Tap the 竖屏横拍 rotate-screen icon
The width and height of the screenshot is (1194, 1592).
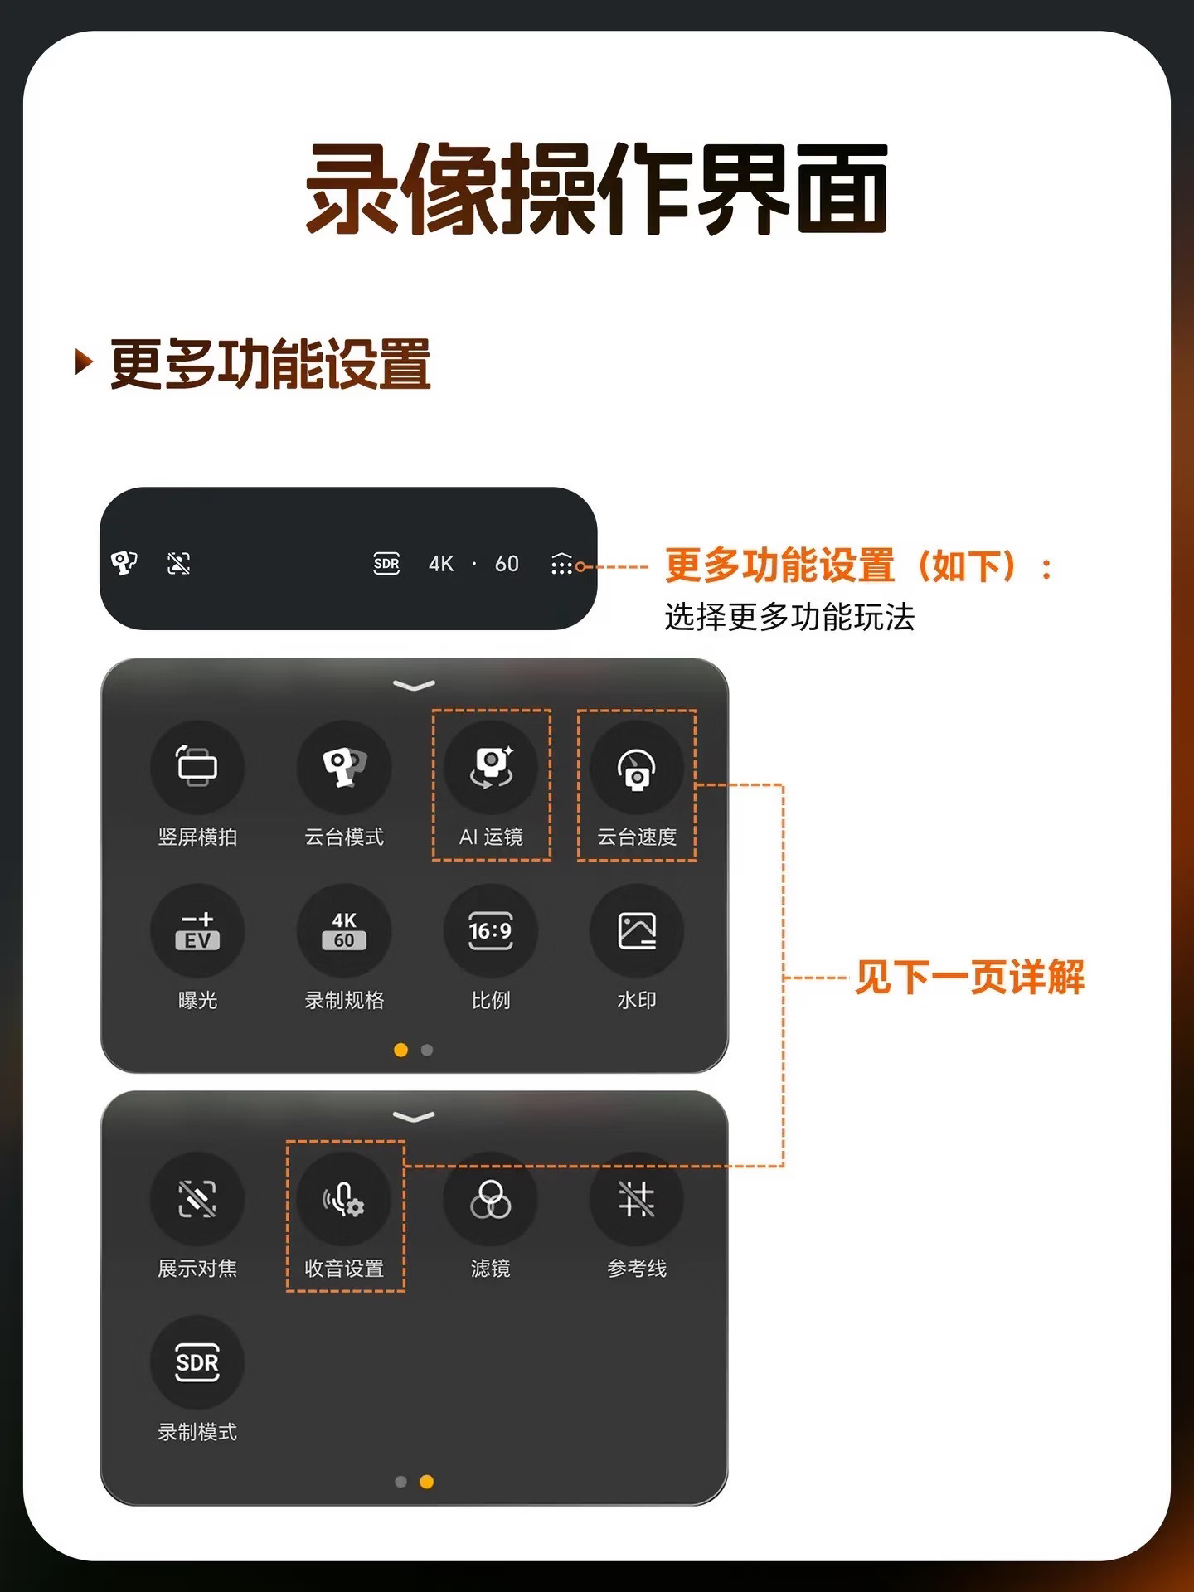click(x=197, y=767)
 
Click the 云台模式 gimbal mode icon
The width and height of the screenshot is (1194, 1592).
click(x=344, y=767)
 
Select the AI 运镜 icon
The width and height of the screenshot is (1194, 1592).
click(x=491, y=767)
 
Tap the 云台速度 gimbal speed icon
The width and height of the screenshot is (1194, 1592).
click(x=637, y=767)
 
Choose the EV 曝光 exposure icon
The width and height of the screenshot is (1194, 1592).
click(x=197, y=930)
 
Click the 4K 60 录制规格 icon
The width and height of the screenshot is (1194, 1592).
click(x=344, y=930)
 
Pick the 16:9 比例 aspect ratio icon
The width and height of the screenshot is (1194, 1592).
click(x=491, y=930)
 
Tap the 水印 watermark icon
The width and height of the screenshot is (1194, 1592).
click(x=637, y=930)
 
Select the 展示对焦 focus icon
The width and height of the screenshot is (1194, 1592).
click(x=197, y=1199)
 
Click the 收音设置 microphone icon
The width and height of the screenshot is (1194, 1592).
click(x=344, y=1199)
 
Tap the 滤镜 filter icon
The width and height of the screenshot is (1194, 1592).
click(x=491, y=1199)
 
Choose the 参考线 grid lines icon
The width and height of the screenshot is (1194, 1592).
click(x=637, y=1199)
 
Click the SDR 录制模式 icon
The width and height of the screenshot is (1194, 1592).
click(x=197, y=1362)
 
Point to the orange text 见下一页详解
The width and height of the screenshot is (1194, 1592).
click(x=969, y=977)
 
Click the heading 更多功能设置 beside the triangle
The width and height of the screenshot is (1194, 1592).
click(x=270, y=364)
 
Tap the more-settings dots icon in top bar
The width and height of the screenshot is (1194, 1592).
click(x=561, y=564)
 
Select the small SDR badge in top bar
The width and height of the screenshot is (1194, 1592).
click(x=386, y=564)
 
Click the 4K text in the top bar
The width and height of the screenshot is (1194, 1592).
click(x=441, y=564)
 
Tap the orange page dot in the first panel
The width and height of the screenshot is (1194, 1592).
click(x=400, y=1050)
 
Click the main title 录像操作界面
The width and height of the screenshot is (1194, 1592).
click(x=597, y=188)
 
